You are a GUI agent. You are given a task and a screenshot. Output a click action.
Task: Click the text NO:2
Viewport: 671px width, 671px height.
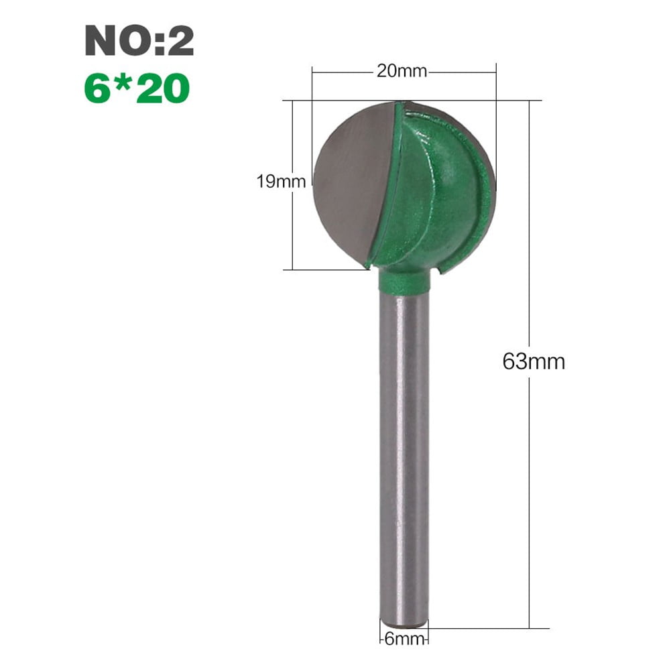click(x=139, y=42)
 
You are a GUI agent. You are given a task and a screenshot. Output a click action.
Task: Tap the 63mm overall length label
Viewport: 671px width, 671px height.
click(x=534, y=361)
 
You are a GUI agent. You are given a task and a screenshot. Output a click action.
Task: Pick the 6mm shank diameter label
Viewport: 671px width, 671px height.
click(x=404, y=639)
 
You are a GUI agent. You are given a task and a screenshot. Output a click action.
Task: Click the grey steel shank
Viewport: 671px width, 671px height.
click(x=404, y=456)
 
